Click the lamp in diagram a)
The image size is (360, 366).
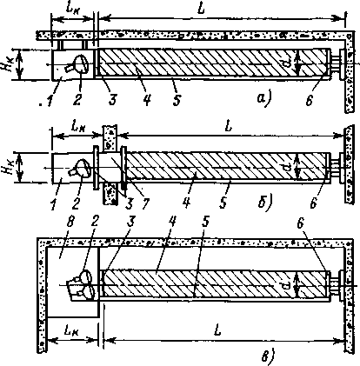77,64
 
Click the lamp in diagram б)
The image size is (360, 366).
79,168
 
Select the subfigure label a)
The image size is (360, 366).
263,98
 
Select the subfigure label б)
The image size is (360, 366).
264,202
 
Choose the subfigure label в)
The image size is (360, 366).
268,356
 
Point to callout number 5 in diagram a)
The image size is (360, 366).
177,99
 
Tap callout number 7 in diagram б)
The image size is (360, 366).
144,203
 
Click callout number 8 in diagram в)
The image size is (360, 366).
71,223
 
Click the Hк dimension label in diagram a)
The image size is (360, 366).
8,63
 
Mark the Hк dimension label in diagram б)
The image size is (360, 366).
7,167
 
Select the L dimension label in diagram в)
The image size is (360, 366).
217,330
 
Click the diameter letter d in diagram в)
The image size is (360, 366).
287,286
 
